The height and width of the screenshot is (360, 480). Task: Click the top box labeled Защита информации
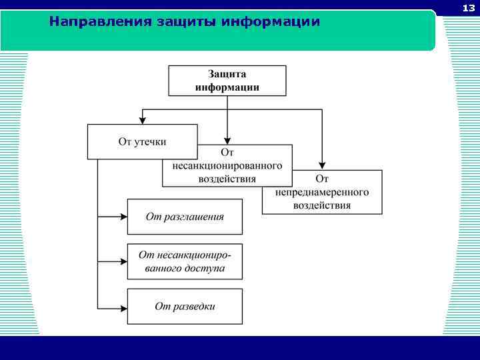click(227, 80)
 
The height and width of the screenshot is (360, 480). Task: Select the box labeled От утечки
click(142, 141)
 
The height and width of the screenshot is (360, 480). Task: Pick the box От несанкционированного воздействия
click(227, 165)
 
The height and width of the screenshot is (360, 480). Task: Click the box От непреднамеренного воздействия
click(322, 192)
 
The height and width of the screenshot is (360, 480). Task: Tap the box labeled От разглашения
click(185, 217)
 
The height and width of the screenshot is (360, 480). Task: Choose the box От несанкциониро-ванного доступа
click(185, 261)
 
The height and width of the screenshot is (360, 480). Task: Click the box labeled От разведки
click(185, 306)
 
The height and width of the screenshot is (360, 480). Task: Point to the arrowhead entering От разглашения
click(123, 217)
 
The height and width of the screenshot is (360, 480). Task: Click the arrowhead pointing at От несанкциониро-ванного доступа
click(123, 261)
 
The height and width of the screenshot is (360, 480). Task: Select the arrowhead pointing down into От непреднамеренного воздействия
click(322, 165)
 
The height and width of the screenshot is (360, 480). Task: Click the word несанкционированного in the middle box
click(227, 166)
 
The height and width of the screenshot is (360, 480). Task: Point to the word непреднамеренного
click(322, 192)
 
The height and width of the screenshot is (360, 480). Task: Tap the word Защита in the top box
click(227, 74)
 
